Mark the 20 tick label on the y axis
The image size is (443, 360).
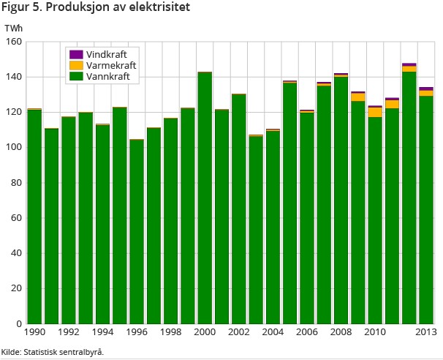click(x=15, y=288)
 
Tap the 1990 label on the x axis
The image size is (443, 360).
click(x=34, y=332)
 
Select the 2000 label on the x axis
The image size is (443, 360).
click(x=205, y=332)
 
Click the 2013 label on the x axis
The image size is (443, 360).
click(x=425, y=332)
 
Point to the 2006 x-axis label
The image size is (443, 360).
click(x=307, y=332)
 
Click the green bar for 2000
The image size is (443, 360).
click(x=205, y=198)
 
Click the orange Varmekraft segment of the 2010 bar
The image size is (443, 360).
click(x=375, y=112)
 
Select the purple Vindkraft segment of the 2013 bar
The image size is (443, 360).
click(x=425, y=89)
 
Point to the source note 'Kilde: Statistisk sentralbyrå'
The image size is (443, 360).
click(x=53, y=352)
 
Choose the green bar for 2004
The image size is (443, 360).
click(x=273, y=227)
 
